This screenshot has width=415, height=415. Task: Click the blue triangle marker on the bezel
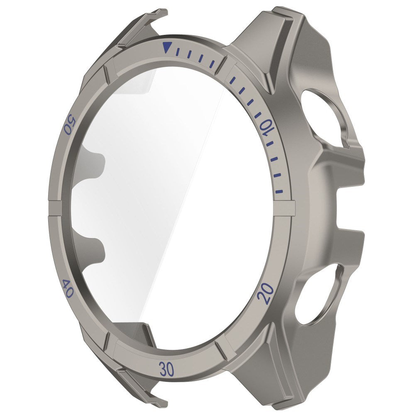click(x=166, y=48)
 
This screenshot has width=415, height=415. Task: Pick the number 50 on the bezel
click(x=69, y=124)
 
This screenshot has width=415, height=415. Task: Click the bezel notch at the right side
click(x=287, y=208)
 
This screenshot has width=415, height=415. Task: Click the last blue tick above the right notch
click(x=281, y=192)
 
